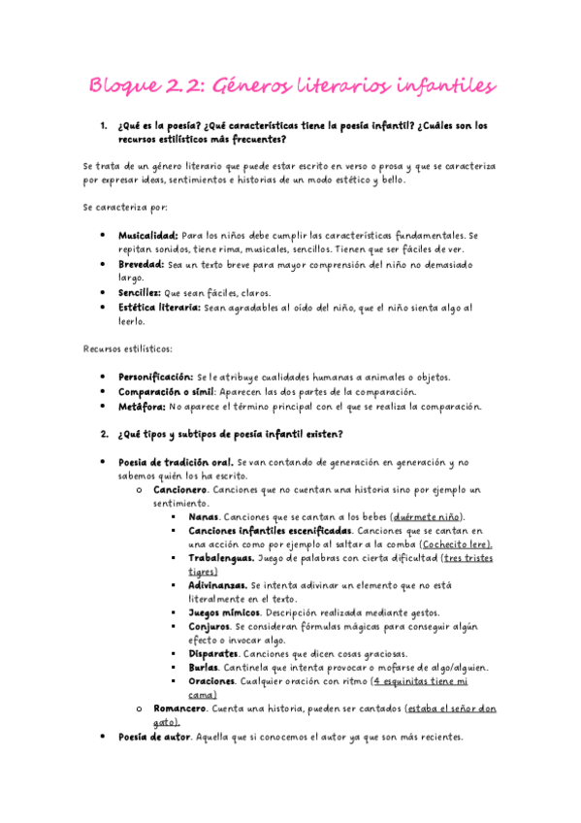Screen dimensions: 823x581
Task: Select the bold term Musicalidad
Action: coord(147,236)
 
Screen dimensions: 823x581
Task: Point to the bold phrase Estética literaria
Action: coord(159,307)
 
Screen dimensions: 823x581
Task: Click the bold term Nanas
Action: coord(203,517)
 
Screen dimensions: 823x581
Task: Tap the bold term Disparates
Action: coord(213,654)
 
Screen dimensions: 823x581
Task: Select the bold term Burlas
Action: coord(204,668)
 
